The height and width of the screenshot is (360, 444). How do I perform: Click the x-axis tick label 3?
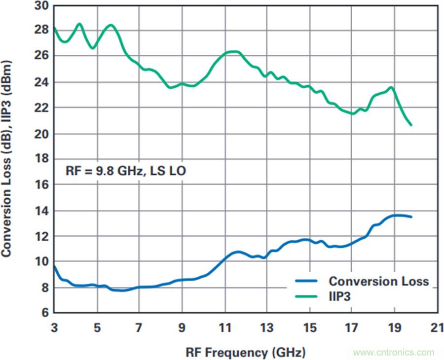tap(54, 328)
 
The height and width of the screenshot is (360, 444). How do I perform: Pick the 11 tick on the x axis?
tap(224, 328)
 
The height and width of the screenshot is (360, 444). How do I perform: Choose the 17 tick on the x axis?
tap(351, 328)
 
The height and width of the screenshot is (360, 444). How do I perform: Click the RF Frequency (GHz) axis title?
tap(245, 352)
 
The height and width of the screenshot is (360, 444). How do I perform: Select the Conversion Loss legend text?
tap(379, 282)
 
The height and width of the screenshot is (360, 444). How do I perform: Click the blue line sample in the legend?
tap(308, 282)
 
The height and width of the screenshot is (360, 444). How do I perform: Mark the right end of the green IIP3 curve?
tap(411, 125)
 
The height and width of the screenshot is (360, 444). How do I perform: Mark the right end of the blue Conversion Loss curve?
tap(411, 217)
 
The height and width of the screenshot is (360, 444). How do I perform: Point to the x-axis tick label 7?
tap(140, 328)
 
